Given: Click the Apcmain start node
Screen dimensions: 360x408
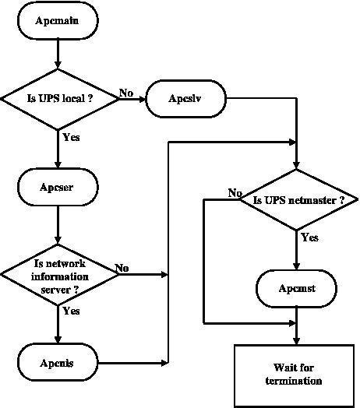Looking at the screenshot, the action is tap(58, 20).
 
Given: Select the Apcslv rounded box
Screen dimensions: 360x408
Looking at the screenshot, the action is tap(185, 99).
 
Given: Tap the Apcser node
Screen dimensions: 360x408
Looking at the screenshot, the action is tap(58, 187).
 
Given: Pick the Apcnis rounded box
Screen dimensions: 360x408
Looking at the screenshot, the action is tap(58, 363).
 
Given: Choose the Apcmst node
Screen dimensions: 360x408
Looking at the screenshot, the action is tap(296, 289).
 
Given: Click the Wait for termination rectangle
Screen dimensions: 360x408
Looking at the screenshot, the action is tap(295, 376).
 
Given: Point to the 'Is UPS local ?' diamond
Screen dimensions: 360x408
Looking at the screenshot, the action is tap(59, 99).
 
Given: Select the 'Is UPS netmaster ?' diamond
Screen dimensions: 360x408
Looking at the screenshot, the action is tap(298, 200).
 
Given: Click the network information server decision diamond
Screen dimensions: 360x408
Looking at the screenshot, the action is tap(59, 275).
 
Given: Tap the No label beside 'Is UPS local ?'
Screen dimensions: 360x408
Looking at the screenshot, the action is tap(126, 93).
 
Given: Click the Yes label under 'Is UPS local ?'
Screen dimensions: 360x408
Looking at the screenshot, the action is tap(71, 137).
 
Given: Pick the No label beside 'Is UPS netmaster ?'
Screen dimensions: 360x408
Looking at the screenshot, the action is tap(235, 193).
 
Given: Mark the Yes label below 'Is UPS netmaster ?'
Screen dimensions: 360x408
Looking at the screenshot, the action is tap(309, 237).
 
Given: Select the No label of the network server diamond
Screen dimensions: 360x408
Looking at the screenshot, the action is tap(122, 268).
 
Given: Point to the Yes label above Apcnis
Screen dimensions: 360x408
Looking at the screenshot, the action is tap(71, 311).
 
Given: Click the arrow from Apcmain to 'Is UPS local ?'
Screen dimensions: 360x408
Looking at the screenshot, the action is tap(58, 55).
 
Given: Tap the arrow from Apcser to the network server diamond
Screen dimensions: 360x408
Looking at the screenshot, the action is tap(58, 225).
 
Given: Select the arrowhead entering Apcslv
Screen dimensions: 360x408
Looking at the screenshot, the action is tap(142, 99).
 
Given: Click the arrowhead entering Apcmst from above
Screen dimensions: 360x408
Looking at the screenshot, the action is tap(296, 266).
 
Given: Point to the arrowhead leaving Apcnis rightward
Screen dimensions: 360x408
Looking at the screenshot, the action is tap(164, 363).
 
